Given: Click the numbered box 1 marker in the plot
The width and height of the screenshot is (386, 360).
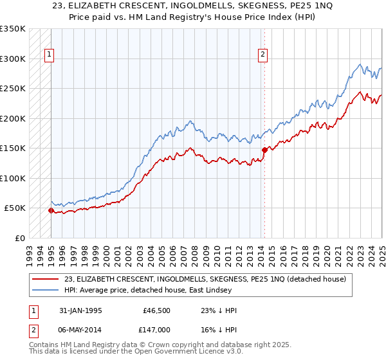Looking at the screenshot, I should [x=50, y=55].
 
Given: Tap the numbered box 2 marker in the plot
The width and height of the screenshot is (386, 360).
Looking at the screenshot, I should [x=263, y=55].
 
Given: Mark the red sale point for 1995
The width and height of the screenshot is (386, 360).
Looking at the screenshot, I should [x=51, y=210].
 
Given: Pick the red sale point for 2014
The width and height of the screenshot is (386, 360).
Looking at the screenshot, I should [x=264, y=150].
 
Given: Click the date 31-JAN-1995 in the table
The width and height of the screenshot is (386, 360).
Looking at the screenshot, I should [x=80, y=311].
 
